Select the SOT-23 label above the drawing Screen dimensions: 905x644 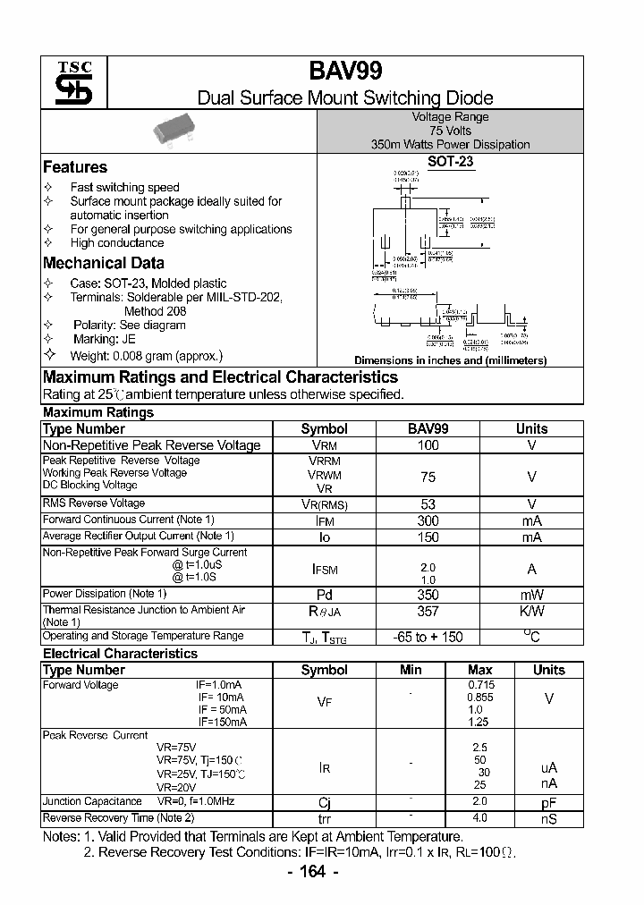pos(450,163)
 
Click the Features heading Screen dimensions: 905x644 pos(75,167)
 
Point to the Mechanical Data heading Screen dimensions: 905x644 pos(104,263)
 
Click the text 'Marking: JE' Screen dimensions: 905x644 pos(104,340)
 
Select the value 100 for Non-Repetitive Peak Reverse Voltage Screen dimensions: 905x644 pos(428,445)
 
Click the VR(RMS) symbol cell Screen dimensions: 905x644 pos(324,504)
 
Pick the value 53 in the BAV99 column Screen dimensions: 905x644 pos(428,504)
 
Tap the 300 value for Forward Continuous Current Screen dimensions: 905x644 pos(428,520)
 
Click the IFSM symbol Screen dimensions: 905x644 pos(324,569)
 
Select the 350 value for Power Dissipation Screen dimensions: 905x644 pos(428,595)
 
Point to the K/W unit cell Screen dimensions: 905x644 pos(531,612)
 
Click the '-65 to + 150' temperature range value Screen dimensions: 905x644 pos(428,637)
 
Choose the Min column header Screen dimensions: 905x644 pos(411,670)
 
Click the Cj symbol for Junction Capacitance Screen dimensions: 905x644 pos(324,803)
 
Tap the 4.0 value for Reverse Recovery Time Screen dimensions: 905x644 pos(479,818)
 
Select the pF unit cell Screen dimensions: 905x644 pos(548,803)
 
